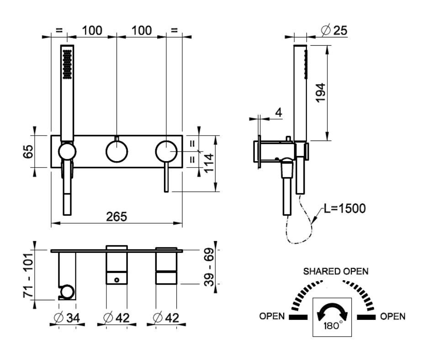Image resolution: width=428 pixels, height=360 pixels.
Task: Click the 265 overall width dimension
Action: tap(117, 216)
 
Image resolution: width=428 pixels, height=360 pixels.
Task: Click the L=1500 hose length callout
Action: tap(344, 209)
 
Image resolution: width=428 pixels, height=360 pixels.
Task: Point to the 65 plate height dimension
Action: tap(28, 151)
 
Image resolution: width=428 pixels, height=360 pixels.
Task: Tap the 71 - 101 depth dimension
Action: tap(28, 275)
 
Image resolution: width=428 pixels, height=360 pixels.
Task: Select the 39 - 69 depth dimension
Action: tap(210, 267)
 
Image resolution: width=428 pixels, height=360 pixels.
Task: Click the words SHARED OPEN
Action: tap(335, 271)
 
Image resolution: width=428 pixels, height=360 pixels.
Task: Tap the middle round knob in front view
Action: tap(117, 151)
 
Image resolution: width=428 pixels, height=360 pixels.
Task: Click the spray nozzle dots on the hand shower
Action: tap(68, 63)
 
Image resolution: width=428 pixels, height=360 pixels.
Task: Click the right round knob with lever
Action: tap(166, 151)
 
